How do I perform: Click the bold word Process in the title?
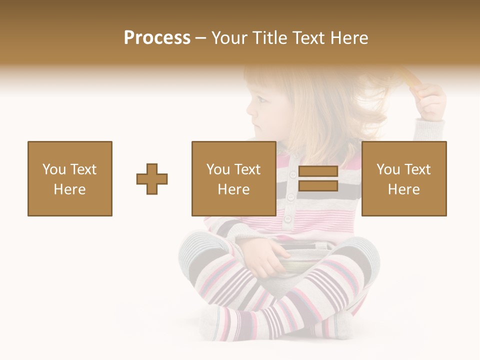coord(157,38)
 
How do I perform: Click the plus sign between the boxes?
coord(152,178)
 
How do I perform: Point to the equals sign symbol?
coord(318,178)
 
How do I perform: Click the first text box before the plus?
coord(70,178)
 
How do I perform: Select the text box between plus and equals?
coord(233,178)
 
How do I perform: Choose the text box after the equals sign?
coord(403,178)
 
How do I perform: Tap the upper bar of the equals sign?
coord(318,171)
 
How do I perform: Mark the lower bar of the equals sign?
coord(318,185)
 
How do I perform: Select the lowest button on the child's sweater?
coord(288,218)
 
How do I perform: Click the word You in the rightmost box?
coord(388,169)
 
